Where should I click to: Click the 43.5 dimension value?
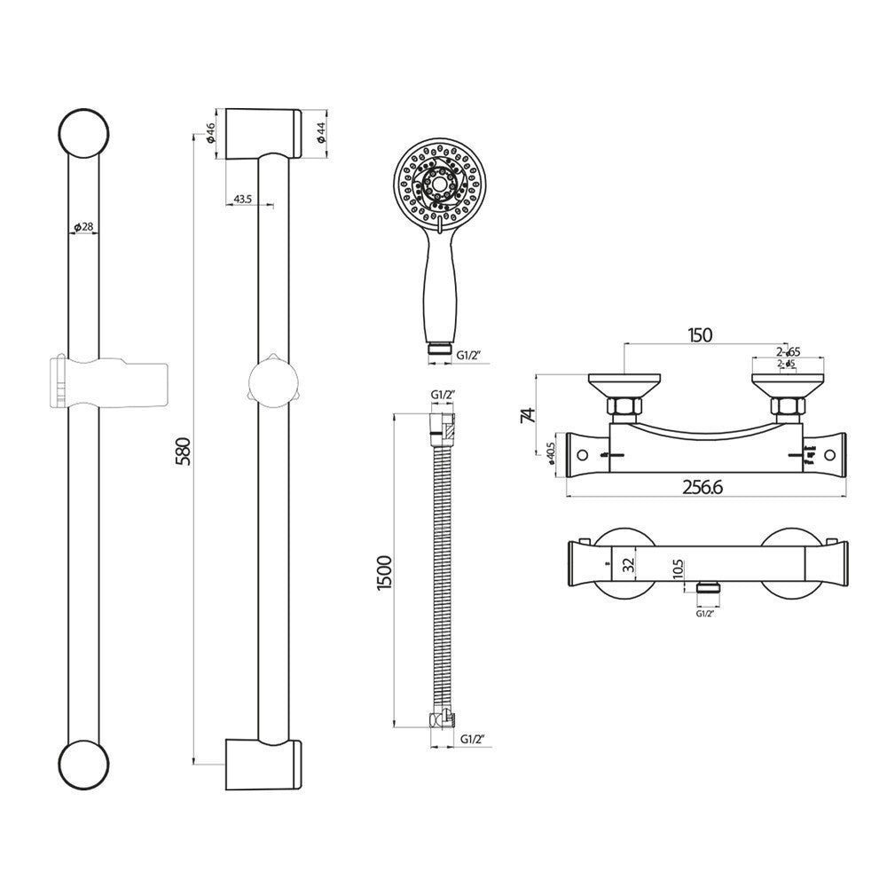tap(241, 200)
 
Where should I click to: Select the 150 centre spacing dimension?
tap(700, 334)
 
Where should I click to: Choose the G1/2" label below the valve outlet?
tap(706, 612)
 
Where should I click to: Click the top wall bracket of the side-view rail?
tap(263, 134)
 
